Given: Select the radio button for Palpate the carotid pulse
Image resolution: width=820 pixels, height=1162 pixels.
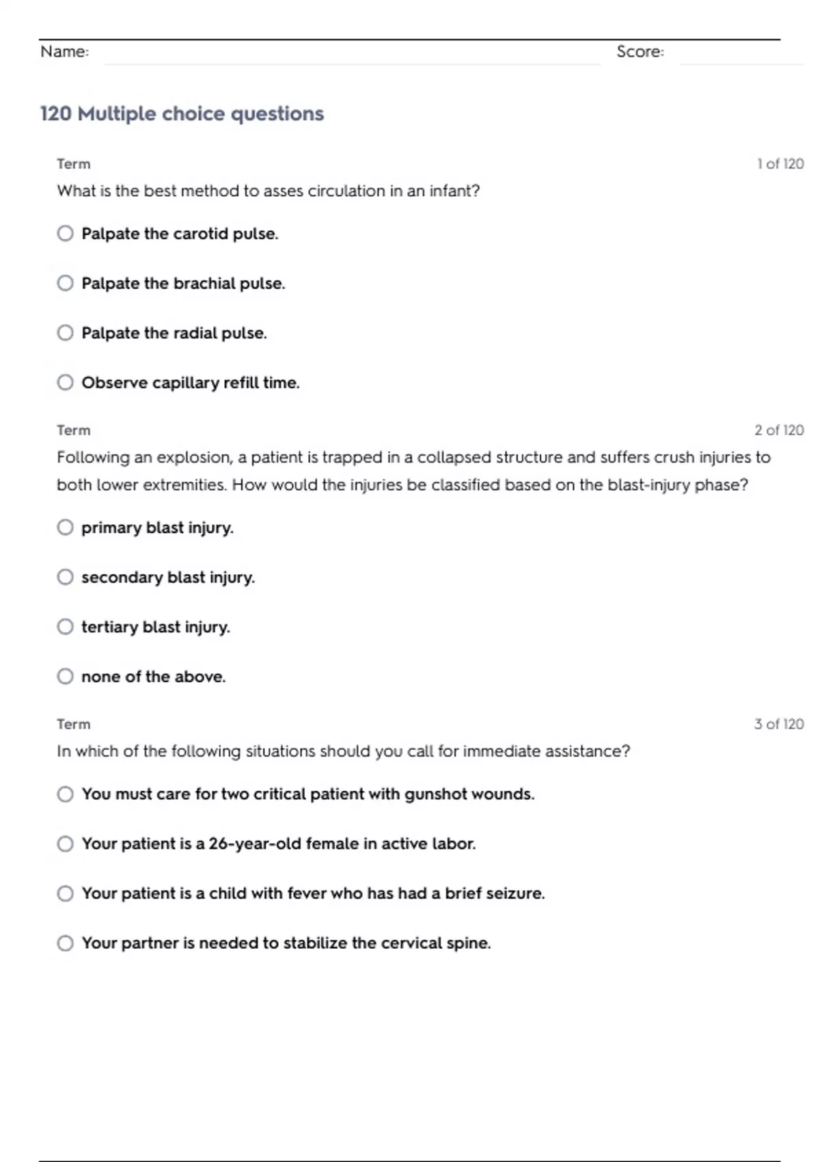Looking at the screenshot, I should [x=65, y=234].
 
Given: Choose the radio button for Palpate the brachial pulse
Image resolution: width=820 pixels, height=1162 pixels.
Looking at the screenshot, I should [x=65, y=283].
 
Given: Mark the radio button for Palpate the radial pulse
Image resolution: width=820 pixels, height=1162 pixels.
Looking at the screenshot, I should [x=65, y=333].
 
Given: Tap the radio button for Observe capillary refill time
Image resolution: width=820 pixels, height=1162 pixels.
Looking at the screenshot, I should [x=65, y=382].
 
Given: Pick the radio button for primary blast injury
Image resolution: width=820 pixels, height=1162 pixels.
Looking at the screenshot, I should [x=65, y=528].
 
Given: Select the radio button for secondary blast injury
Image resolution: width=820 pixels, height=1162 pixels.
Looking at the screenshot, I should [x=65, y=577].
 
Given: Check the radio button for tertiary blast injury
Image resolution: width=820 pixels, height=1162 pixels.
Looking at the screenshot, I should [x=65, y=627].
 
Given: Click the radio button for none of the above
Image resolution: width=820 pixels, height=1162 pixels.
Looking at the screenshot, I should [x=65, y=677].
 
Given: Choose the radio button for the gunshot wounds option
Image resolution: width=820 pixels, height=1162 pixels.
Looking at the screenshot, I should [x=65, y=794].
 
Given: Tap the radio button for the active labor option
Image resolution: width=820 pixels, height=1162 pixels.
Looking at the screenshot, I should [x=65, y=843].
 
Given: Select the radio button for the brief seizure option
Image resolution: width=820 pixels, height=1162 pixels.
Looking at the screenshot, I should [x=65, y=893].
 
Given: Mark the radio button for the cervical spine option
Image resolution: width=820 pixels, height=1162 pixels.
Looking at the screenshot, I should [x=65, y=943].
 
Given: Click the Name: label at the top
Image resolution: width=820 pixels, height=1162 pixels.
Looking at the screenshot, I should [x=64, y=52].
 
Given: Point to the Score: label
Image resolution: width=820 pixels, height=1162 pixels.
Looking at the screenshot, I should [x=640, y=52].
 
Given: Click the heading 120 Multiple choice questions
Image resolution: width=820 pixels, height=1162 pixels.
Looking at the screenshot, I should [x=182, y=113].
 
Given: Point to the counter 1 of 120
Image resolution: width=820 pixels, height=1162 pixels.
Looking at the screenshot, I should [x=780, y=164].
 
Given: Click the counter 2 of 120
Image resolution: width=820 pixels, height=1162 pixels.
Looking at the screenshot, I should [x=778, y=431].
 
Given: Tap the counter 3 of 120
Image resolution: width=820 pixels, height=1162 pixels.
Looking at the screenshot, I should [x=778, y=725].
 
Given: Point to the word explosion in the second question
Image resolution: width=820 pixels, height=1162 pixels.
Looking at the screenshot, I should [x=194, y=457].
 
